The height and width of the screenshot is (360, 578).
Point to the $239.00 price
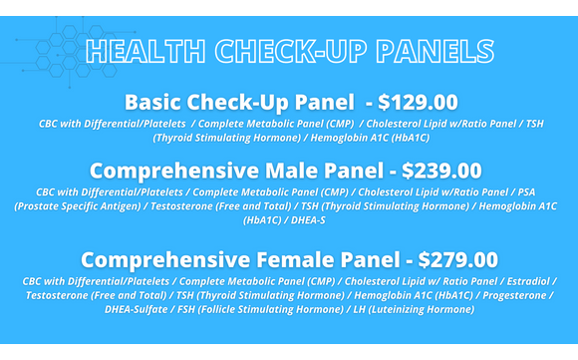click(x=441, y=171)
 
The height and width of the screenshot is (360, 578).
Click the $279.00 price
click(x=458, y=260)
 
